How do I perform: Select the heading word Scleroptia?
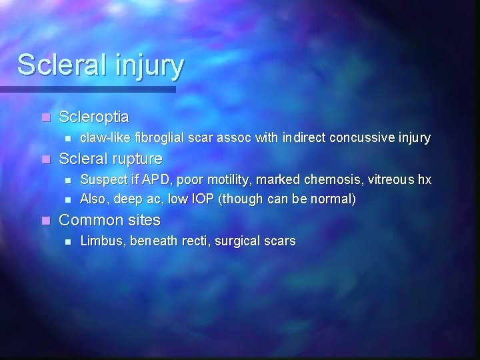pyautogui.click(x=94, y=117)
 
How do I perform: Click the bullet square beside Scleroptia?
pyautogui.click(x=45, y=118)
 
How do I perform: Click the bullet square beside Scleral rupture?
pyautogui.click(x=45, y=159)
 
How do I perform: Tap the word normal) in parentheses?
pyautogui.click(x=335, y=199)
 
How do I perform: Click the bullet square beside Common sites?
pyautogui.click(x=45, y=221)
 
